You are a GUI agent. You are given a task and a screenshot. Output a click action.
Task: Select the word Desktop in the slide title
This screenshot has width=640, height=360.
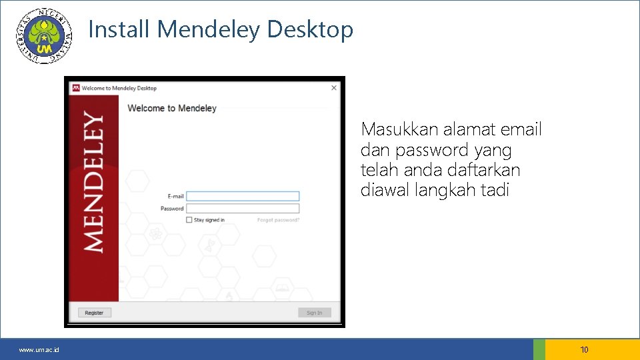(x=310, y=29)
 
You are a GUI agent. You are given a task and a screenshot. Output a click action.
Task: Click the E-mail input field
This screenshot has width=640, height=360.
(x=243, y=196)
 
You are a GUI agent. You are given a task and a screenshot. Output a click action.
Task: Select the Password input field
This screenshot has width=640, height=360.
(x=243, y=209)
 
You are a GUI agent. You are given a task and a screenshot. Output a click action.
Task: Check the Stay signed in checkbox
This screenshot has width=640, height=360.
(x=189, y=220)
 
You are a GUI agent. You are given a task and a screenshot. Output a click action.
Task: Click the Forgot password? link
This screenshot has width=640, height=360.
(x=279, y=220)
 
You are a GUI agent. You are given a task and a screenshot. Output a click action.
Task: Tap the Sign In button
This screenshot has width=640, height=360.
(x=314, y=313)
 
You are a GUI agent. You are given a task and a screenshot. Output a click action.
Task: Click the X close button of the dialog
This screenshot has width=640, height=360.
(x=334, y=87)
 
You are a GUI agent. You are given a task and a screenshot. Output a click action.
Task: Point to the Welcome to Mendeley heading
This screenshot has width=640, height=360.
(x=172, y=108)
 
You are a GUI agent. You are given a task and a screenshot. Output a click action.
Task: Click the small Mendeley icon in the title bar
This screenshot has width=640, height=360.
(x=76, y=88)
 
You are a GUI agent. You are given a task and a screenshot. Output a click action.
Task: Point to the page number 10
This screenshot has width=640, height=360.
(x=585, y=349)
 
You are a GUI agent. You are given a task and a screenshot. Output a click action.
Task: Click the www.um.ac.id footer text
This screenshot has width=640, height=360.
(x=39, y=350)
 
